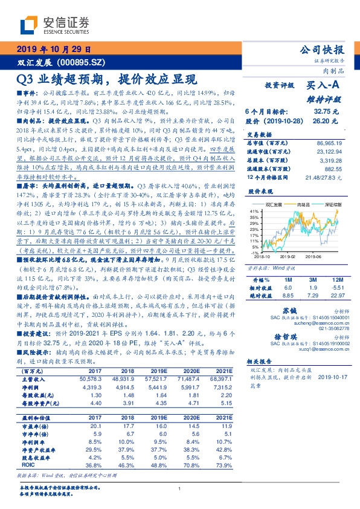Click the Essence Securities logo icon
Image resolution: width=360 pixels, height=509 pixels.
pos(29,24)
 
